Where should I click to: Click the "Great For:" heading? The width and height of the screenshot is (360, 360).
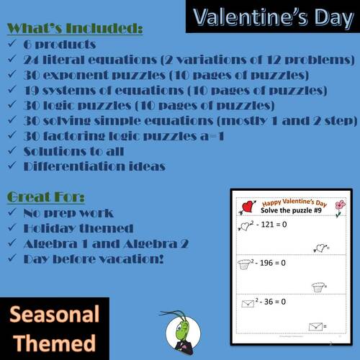tap(48, 196)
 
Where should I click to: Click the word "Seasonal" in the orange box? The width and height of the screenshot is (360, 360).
tap(55, 315)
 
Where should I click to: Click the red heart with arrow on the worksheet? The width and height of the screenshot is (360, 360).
tap(245, 207)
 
